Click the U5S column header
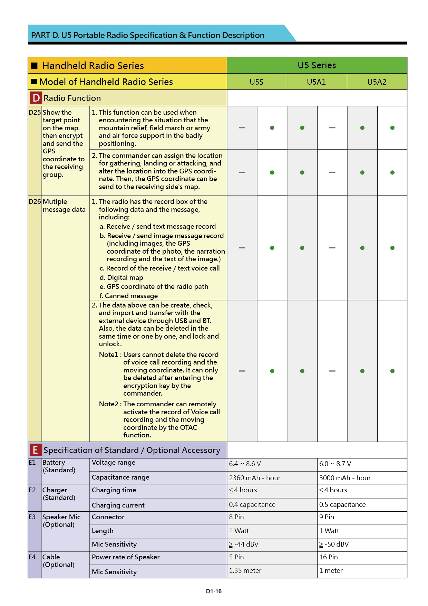coord(256,82)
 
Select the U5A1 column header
coord(316,82)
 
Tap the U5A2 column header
coord(377,82)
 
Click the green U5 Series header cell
coord(317,65)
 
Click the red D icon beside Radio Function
coord(36,98)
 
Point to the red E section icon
coord(35,450)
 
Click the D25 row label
coord(35,112)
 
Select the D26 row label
coord(35,201)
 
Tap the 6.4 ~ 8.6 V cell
coord(245,464)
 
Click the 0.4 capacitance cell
coord(252,504)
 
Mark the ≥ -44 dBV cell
coord(244,544)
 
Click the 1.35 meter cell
coord(245,570)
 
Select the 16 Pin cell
coord(328,557)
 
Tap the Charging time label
coord(114,490)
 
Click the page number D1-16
coord(214,591)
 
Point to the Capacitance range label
coord(120,477)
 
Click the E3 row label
coord(32,517)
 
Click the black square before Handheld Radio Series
coord(34,66)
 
